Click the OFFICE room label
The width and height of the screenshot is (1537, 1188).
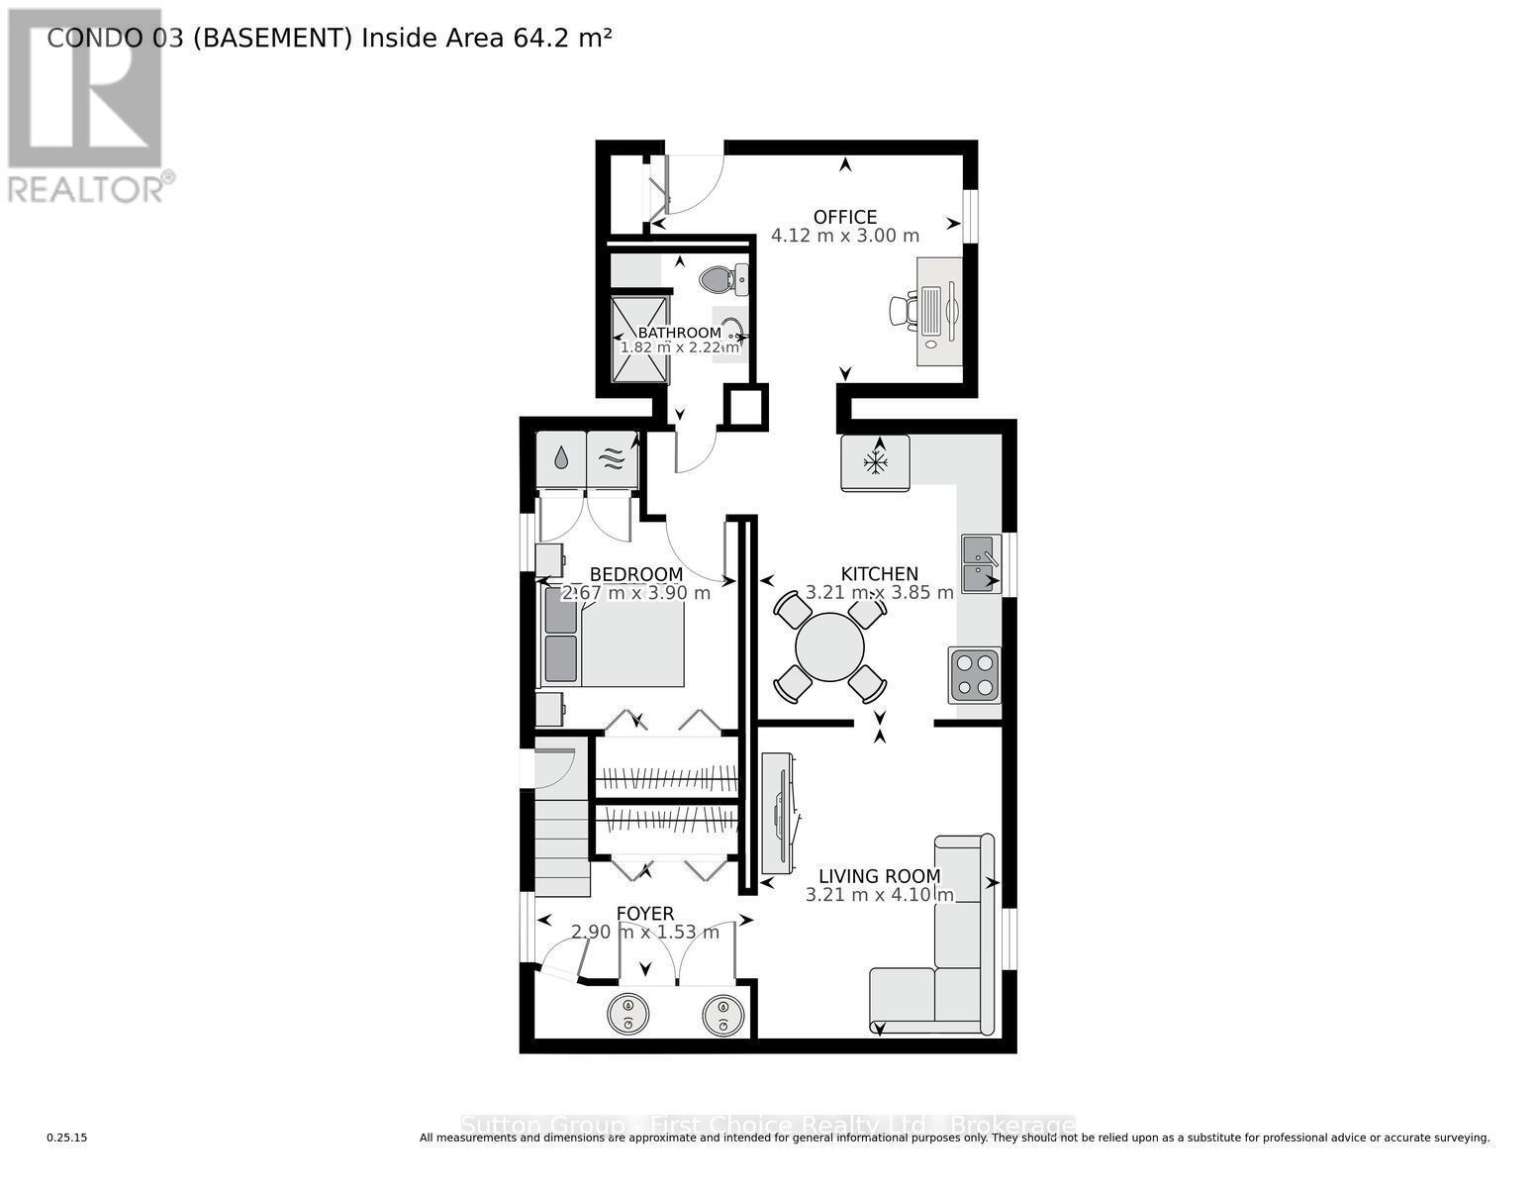[x=844, y=217]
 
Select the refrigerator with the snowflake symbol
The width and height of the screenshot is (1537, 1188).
[x=875, y=462]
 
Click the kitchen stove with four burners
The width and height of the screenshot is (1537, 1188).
[x=974, y=675]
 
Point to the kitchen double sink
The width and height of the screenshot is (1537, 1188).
[x=980, y=563]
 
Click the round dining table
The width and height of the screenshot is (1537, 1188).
[x=829, y=647]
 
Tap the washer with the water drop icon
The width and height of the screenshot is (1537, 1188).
[x=560, y=458]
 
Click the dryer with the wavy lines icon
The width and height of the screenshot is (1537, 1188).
[x=612, y=458]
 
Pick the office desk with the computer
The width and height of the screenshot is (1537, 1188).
[x=938, y=311]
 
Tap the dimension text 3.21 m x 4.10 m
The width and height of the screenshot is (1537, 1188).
[x=879, y=895]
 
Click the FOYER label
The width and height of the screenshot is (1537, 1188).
[x=644, y=914]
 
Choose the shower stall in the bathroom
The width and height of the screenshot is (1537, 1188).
[x=638, y=340]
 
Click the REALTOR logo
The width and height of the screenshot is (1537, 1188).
[x=86, y=104]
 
